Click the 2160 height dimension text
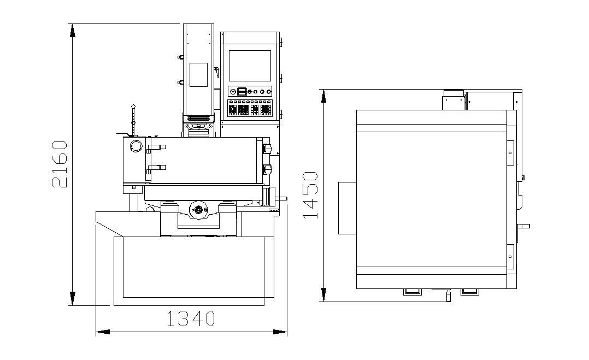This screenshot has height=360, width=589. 60,164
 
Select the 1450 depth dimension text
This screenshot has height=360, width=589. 310,195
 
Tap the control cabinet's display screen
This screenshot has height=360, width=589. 249,66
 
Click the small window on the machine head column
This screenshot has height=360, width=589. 198,74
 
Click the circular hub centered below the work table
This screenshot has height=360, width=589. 198,209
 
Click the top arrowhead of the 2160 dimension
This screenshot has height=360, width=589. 72,30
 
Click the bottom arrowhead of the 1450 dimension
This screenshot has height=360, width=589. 323,295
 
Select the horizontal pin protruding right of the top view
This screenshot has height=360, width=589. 525,226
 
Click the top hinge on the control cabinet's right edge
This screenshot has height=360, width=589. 281,42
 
